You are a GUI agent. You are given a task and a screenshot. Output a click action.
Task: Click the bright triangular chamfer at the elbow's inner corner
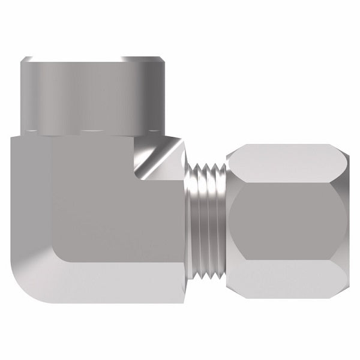point(157,157)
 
